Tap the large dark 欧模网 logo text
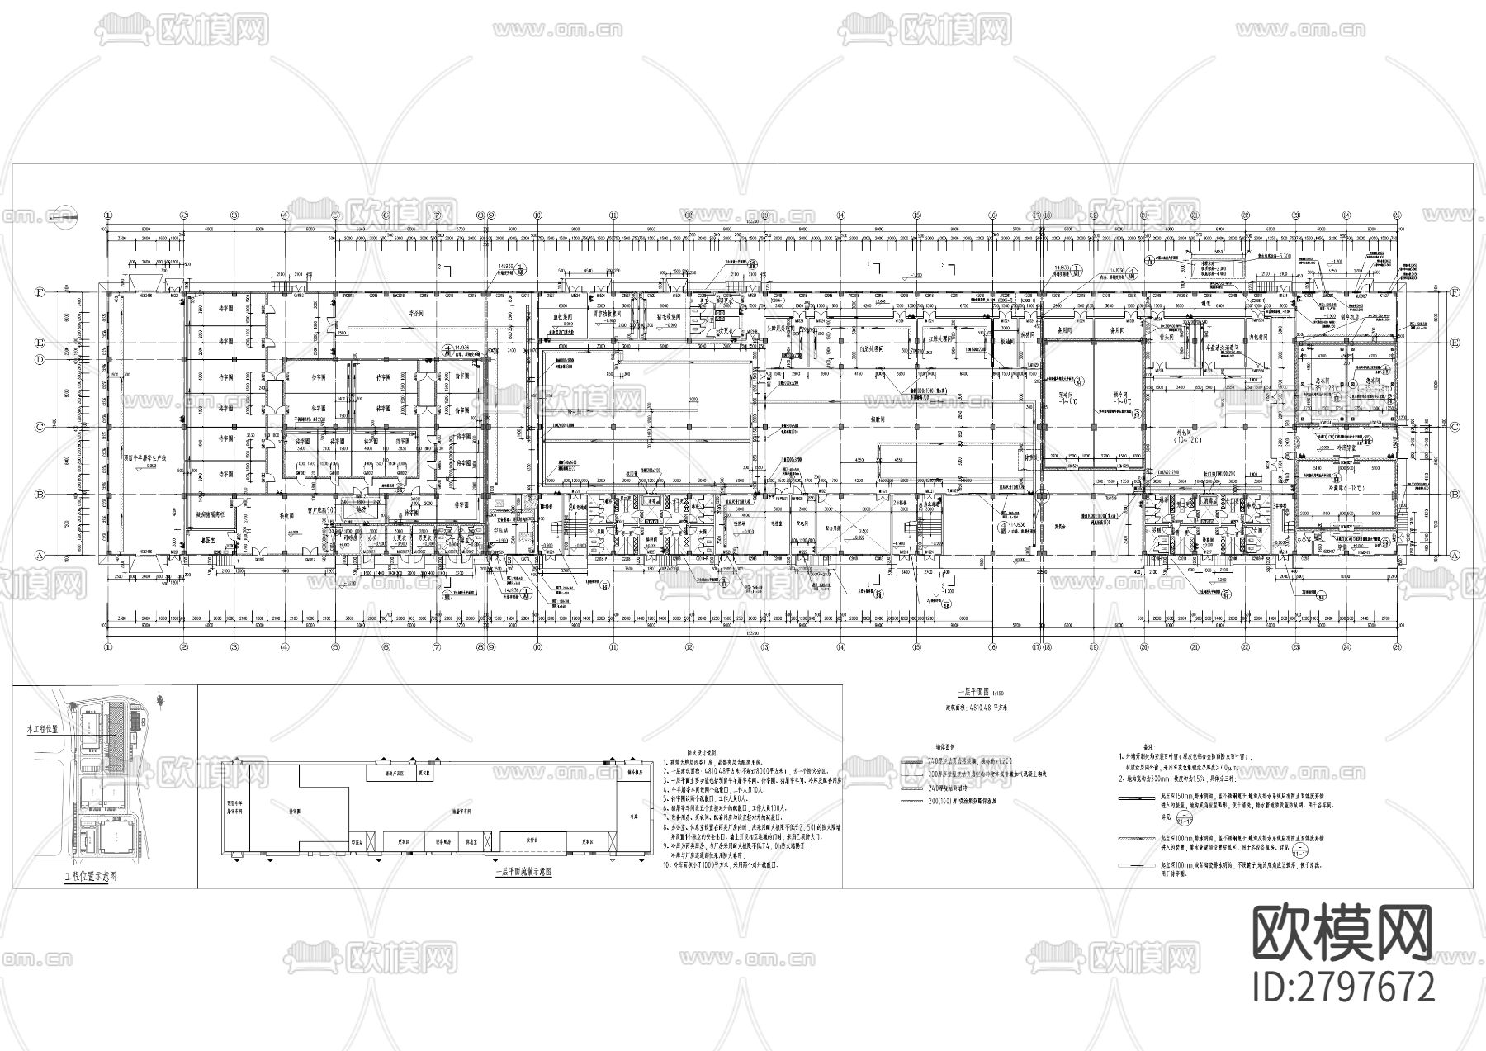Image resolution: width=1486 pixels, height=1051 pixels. pos(1343,931)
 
